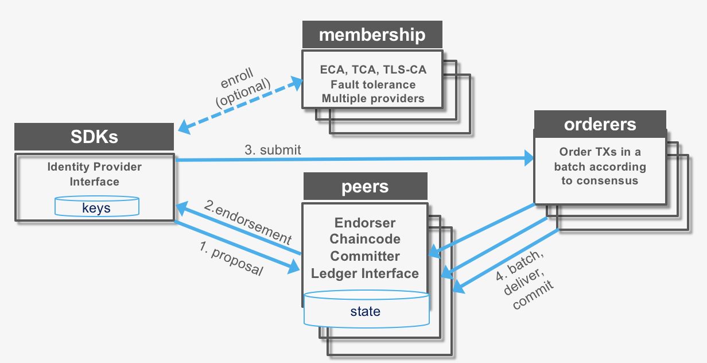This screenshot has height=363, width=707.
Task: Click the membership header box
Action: [372, 35]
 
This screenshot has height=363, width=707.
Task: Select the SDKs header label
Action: [94, 137]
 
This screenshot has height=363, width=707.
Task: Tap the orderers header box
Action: [600, 125]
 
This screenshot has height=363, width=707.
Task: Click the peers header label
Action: [365, 187]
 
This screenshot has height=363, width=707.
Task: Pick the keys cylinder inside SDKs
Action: [96, 207]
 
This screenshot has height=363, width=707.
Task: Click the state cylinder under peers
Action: [366, 311]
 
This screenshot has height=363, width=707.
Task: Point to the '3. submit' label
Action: [273, 150]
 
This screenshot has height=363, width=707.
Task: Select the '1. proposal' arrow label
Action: [231, 258]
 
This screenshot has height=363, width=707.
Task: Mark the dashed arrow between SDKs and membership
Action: [241, 105]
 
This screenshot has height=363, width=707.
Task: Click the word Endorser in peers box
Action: [365, 223]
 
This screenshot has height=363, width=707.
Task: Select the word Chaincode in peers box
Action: [365, 239]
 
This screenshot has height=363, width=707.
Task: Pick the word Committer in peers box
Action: [365, 256]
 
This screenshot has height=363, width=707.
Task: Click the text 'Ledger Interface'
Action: [365, 273]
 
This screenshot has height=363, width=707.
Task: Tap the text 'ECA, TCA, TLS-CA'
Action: [373, 70]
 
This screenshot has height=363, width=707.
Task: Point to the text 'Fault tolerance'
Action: [373, 84]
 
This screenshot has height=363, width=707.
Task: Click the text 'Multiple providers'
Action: [373, 98]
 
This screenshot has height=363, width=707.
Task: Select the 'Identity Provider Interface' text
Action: [95, 175]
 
